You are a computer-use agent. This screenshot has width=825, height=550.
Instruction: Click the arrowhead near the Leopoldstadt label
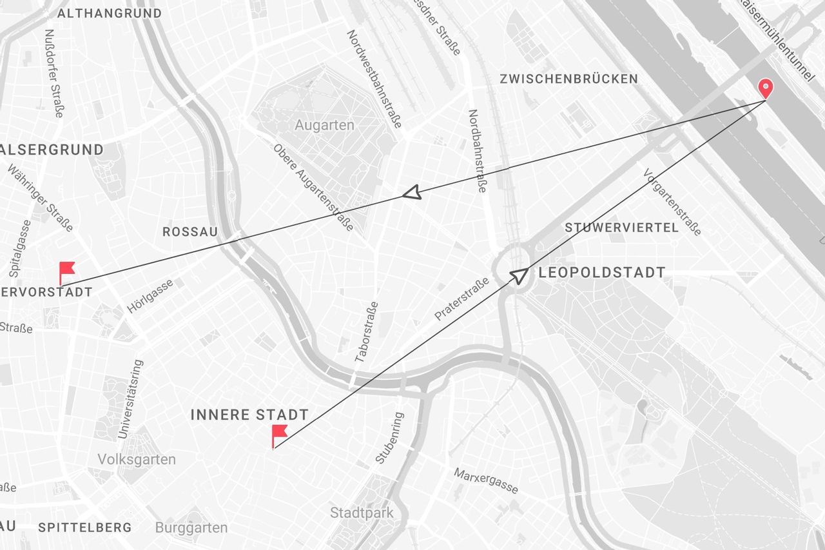pos(519,275)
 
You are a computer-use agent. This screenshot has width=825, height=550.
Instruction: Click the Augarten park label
pos(324,125)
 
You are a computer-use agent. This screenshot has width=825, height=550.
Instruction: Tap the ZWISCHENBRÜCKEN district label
pos(568,79)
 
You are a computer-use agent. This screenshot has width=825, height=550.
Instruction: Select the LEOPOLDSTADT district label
pos(601,273)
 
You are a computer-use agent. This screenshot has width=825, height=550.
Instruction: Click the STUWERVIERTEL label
pos(621,228)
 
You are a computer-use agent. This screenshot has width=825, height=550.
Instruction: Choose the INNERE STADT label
pos(249,415)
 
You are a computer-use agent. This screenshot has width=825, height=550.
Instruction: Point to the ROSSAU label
pos(189,231)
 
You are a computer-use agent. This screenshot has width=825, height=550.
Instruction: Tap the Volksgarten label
pos(137,460)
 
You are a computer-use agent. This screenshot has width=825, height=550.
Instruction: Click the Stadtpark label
pos(362,513)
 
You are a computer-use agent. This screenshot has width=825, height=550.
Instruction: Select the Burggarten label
pos(191,528)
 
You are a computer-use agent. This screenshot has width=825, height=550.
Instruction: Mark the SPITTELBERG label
pos(84,527)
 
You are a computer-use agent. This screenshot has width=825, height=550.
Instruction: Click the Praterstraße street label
pos(461,299)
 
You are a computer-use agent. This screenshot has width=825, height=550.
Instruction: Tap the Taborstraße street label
pos(366,331)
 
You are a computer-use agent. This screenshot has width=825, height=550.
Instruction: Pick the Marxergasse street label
pos(486,481)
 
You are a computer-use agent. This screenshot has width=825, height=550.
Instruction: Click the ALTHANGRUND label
pos(110,14)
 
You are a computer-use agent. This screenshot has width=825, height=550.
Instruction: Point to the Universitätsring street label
pos(131,400)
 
